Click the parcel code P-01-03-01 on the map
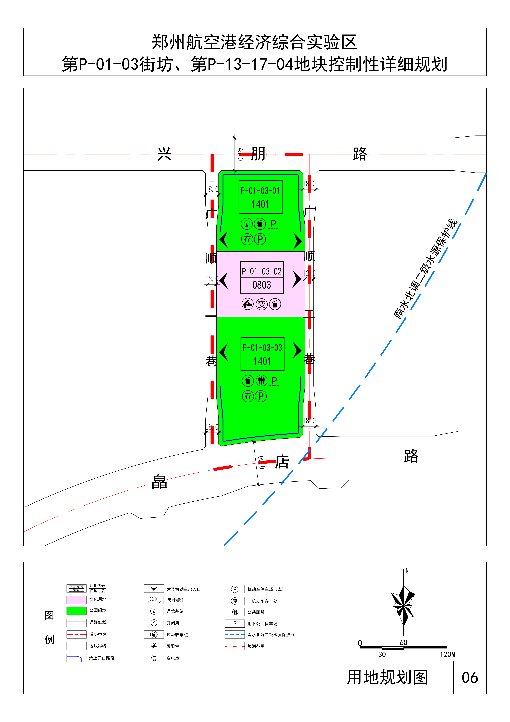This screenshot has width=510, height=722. [x=260, y=191]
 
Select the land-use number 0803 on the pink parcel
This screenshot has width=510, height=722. [x=262, y=285]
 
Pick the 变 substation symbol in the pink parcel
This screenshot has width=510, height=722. [x=262, y=304]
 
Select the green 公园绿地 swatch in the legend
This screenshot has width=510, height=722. [x=76, y=611]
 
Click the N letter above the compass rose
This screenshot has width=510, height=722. [x=407, y=570]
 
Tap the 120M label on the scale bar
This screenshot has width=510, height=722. [x=447, y=654]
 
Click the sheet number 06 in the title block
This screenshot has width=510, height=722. [x=470, y=677]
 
